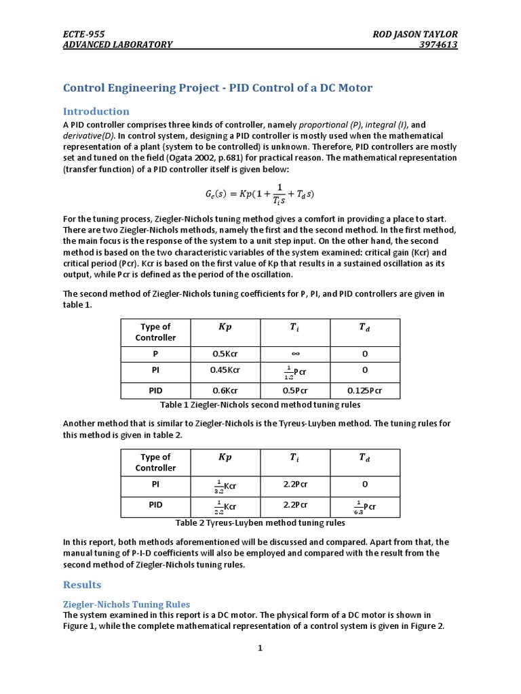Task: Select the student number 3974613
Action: [x=439, y=45]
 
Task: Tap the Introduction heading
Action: [x=96, y=111]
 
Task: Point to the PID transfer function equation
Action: [x=260, y=194]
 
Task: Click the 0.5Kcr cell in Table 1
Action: [x=225, y=353]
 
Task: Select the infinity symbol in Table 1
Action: [x=294, y=353]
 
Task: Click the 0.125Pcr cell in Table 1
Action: [x=364, y=390]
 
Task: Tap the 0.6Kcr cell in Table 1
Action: [x=225, y=390]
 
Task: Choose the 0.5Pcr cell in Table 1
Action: [x=294, y=390]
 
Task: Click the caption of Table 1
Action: [x=260, y=405]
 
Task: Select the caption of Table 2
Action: [x=260, y=523]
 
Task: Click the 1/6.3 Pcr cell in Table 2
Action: [x=364, y=506]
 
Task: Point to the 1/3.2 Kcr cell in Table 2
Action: [x=225, y=485]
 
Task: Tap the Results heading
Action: [x=82, y=585]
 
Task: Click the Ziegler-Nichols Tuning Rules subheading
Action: [x=126, y=604]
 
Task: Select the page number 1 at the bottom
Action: [x=259, y=648]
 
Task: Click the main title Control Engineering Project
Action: [x=217, y=88]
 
